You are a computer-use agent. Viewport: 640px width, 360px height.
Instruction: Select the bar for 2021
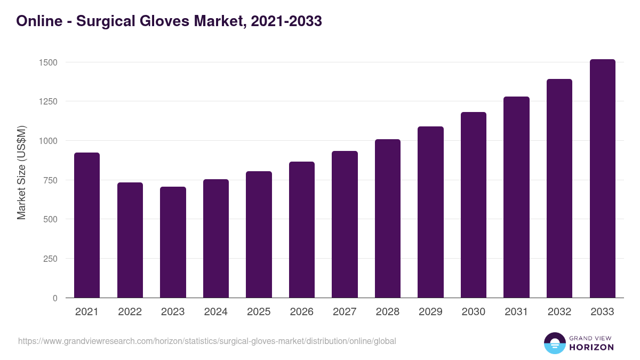click(x=87, y=225)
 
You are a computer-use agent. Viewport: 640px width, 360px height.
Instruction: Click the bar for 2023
click(x=173, y=242)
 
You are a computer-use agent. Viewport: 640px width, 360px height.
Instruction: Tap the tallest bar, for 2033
click(x=602, y=179)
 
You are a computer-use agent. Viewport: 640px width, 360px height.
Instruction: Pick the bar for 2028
click(x=388, y=219)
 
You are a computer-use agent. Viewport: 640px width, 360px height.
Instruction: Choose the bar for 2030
click(x=474, y=205)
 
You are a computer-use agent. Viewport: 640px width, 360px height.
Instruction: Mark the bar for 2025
click(x=259, y=235)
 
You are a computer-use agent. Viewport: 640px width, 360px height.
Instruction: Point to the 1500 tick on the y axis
click(x=48, y=62)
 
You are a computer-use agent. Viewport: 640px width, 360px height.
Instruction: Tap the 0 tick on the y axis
click(x=55, y=298)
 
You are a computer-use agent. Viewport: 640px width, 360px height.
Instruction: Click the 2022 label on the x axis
click(x=130, y=312)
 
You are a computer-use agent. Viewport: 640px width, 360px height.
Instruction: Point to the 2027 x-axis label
click(x=345, y=312)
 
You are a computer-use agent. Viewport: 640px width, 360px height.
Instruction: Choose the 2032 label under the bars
click(x=559, y=312)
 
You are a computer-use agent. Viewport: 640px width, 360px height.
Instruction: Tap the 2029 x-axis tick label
click(x=430, y=312)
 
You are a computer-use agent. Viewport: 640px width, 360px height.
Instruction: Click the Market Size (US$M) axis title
click(x=21, y=173)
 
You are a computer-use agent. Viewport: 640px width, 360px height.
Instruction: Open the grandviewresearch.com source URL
click(x=207, y=341)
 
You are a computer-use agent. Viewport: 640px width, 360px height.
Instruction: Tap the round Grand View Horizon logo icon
click(x=555, y=343)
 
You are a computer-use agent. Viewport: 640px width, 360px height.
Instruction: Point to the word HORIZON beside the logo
click(x=591, y=347)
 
